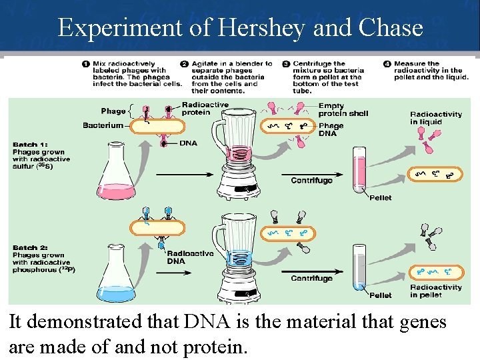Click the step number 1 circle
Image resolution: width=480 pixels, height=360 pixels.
point(86,65)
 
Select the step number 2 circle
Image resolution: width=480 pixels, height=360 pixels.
point(184,65)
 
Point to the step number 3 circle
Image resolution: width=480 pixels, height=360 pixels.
point(286,65)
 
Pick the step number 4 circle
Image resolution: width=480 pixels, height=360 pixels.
point(387,65)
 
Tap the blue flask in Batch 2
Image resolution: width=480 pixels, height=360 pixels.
point(116,280)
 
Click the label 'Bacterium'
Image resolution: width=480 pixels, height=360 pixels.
point(103,125)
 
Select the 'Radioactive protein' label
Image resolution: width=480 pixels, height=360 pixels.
point(205,108)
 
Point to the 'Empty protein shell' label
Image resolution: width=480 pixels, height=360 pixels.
point(343,109)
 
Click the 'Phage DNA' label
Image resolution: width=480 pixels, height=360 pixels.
point(331,129)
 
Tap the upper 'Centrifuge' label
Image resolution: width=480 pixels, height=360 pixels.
point(311,180)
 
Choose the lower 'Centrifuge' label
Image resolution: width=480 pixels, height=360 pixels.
point(311,278)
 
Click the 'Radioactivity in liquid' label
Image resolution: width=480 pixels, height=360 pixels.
point(435,117)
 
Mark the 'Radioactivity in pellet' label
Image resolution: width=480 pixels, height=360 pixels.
point(435,291)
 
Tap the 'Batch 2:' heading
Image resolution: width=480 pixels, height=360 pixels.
point(30,248)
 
